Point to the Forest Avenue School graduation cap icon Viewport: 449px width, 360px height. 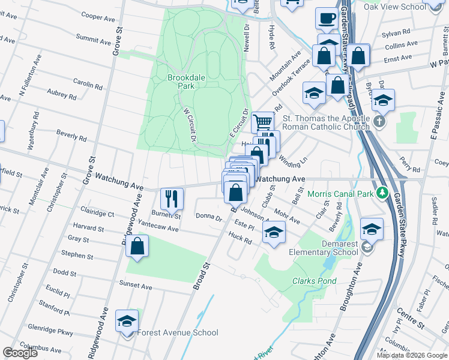click(127, 322)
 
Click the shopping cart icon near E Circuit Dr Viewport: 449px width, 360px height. click(262, 122)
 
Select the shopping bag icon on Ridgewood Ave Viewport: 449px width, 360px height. click(137, 246)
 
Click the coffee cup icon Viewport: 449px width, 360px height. click(327, 19)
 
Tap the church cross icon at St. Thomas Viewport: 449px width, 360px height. click(379, 122)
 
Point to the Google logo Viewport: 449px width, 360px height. click(20, 353)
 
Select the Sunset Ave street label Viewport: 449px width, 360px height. click(135, 283)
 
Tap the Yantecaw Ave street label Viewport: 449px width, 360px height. click(158, 229)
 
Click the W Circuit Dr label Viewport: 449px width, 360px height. click(190, 124)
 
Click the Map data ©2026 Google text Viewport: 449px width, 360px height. click(412, 355)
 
